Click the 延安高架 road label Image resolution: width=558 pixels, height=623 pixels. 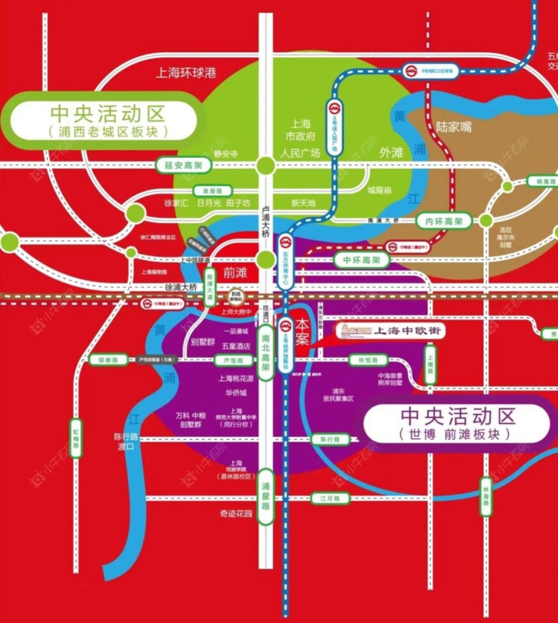coord(184,165)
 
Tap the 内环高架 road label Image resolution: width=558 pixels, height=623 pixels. coord(444,221)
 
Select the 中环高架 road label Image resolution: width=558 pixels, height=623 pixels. coord(361,260)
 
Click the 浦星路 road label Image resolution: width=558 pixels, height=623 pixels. coord(266,497)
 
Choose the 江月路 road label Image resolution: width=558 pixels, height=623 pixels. coord(330,498)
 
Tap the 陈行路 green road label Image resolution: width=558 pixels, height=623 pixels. coord(330,439)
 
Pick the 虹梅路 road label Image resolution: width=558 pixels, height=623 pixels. coord(75,437)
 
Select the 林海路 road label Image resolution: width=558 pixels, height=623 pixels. coord(486,496)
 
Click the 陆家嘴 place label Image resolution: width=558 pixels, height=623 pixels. coord(454,127)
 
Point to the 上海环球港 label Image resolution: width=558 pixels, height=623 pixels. coord(186,73)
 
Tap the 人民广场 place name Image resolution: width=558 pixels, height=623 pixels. coord(300,152)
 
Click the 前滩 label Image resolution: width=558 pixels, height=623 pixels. coord(235,273)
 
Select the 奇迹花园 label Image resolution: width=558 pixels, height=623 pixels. coord(236,513)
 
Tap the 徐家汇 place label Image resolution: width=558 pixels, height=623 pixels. coord(177,203)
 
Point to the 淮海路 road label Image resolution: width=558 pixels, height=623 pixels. coord(212,191)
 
